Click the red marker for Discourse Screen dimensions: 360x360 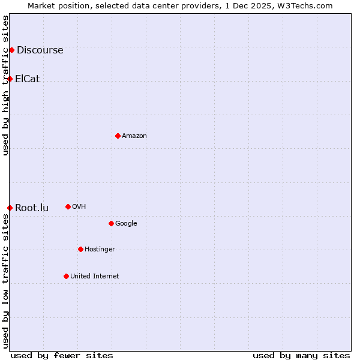(x=11, y=50)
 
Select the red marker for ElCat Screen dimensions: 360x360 (x=10, y=79)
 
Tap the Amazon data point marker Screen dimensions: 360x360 (x=118, y=136)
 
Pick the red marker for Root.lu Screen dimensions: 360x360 (x=10, y=208)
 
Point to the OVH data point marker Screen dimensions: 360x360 (x=68, y=206)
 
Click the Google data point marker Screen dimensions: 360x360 (x=111, y=223)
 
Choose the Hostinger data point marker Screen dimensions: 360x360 (x=80, y=249)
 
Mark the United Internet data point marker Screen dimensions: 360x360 (x=66, y=276)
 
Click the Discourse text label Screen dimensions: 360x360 (x=40, y=50)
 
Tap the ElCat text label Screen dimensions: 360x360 (x=28, y=79)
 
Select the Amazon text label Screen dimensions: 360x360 (x=134, y=136)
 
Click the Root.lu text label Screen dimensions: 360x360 (x=32, y=208)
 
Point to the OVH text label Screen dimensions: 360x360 (x=79, y=207)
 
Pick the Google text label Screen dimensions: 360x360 (x=126, y=224)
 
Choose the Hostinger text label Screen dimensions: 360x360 (x=100, y=250)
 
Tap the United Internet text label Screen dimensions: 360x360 (x=94, y=277)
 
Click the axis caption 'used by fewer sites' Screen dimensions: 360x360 (x=62, y=355)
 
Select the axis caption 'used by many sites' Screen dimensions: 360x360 (x=301, y=355)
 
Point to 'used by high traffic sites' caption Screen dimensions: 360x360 (x=5, y=85)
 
